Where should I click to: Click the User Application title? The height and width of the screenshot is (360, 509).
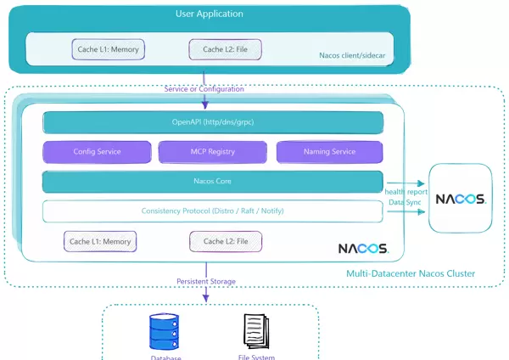click(209, 14)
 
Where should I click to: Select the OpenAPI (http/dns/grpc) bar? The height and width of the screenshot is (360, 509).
click(213, 122)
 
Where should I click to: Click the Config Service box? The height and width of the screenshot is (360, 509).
click(97, 152)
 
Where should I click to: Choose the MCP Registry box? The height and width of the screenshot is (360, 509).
click(213, 152)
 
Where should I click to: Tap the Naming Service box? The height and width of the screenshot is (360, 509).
click(329, 152)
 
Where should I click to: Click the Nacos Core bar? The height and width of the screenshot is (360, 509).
click(213, 181)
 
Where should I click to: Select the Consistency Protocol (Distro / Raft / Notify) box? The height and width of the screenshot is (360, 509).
click(213, 211)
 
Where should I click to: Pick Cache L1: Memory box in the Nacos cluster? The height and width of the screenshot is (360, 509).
click(100, 242)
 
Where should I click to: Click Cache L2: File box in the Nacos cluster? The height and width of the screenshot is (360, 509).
click(225, 242)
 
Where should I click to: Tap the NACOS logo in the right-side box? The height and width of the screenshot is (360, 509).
click(460, 200)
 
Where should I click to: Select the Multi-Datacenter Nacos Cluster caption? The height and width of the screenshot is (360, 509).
click(411, 273)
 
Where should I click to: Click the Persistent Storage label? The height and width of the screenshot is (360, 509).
click(206, 281)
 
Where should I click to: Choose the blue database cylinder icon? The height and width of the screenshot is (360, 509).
click(165, 332)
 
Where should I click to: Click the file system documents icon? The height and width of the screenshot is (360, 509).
click(256, 332)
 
